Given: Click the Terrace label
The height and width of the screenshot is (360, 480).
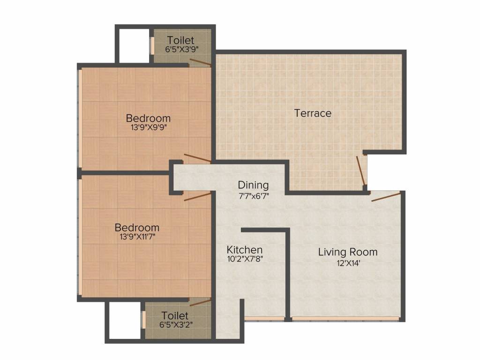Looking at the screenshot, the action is [x=313, y=113].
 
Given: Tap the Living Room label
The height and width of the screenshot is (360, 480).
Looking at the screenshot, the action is [x=348, y=252].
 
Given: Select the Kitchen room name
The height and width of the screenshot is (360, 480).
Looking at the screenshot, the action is [x=245, y=249].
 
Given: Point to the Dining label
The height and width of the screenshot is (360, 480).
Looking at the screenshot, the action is [x=253, y=186].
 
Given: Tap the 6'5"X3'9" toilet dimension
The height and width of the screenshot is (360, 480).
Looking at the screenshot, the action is [x=182, y=49].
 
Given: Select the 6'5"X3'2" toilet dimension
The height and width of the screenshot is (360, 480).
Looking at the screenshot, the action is [x=176, y=324].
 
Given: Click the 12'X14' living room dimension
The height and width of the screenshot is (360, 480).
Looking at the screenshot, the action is [x=348, y=263].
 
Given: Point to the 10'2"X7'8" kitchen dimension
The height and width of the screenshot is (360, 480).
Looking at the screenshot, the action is [x=245, y=259].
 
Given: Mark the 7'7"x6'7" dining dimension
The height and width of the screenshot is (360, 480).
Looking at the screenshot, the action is [x=254, y=196].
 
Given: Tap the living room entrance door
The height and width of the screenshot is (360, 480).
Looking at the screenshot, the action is [x=386, y=197].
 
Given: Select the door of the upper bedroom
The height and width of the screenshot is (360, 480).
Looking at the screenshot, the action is [x=197, y=157].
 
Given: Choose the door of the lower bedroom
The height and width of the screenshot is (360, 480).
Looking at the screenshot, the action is [x=197, y=197].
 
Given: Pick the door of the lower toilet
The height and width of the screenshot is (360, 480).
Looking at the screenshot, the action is [x=201, y=302].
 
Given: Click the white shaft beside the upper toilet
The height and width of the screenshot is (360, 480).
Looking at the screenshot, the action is [x=134, y=46].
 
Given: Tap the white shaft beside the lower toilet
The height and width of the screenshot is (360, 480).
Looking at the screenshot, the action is [x=125, y=320].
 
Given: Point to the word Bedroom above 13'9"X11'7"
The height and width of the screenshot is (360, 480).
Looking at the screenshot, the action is [x=137, y=228].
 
